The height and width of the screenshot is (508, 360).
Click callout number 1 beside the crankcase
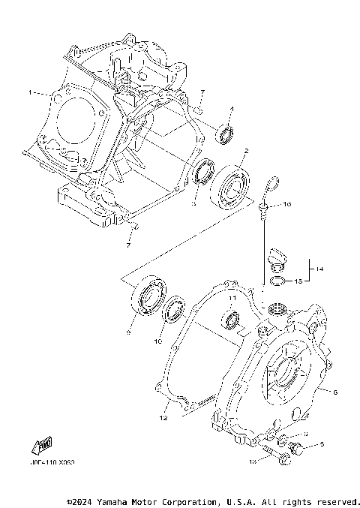tap(30, 92)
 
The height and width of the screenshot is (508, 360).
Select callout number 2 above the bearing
tap(244, 151)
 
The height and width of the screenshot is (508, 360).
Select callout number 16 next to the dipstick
tap(286, 204)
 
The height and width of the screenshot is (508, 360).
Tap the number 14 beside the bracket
tap(319, 268)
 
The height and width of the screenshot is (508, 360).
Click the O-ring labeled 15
tap(277, 281)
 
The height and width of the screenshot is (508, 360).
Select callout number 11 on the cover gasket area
tap(232, 299)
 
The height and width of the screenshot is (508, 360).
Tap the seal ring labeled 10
tap(175, 308)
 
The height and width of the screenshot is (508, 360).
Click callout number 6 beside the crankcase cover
tap(334, 392)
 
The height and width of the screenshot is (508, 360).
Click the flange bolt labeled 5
tap(295, 447)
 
